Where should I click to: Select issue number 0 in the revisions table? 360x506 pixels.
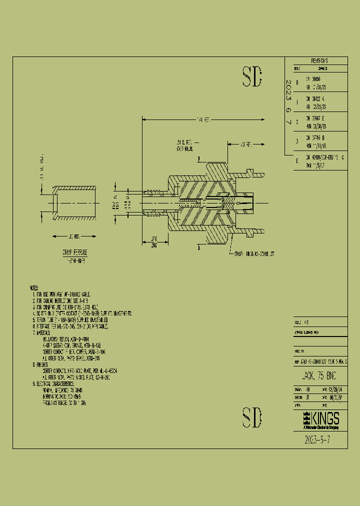click(x=297, y=82)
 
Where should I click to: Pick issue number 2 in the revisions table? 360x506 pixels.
click(x=297, y=121)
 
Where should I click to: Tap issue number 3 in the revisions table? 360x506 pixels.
click(x=297, y=141)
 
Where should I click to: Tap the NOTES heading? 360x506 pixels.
click(x=34, y=288)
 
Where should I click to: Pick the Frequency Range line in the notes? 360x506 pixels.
click(x=64, y=401)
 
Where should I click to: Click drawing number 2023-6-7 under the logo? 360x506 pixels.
click(x=317, y=439)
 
